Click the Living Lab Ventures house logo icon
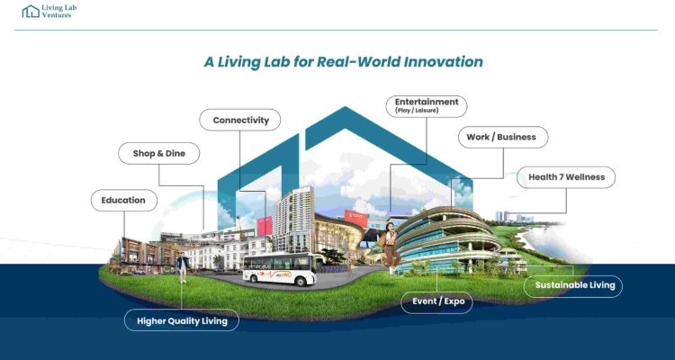[31, 11]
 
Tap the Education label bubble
[124, 200]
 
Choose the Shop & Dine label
[158, 153]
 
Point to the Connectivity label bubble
[239, 120]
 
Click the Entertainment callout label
[427, 106]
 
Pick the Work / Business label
[502, 137]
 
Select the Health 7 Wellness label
[566, 177]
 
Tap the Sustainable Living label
[573, 286]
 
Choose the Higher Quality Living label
[182, 320]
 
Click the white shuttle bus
[283, 269]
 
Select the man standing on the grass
[183, 267]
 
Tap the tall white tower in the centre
[292, 220]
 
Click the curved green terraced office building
[447, 238]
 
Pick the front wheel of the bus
[310, 282]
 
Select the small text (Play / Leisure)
[417, 111]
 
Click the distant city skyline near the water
[514, 217]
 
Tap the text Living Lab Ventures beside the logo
[59, 11]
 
